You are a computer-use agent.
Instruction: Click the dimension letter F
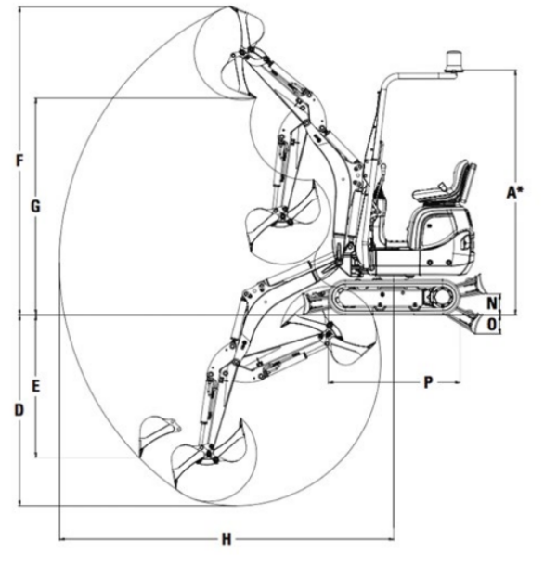(x=19, y=161)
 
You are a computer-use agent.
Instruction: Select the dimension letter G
(x=35, y=206)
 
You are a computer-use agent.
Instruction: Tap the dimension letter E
(x=35, y=386)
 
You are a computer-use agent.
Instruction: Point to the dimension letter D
(x=19, y=410)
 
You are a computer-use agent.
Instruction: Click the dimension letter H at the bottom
(x=227, y=539)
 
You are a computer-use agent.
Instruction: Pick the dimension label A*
(x=514, y=192)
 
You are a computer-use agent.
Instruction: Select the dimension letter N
(x=492, y=303)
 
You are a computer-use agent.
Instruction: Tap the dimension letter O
(x=492, y=325)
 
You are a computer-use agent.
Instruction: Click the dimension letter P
(x=428, y=382)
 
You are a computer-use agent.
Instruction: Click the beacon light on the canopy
(x=454, y=62)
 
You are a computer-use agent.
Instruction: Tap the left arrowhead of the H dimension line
(x=62, y=539)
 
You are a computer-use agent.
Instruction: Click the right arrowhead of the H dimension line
(x=392, y=539)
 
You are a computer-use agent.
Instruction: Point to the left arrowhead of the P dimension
(x=330, y=382)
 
